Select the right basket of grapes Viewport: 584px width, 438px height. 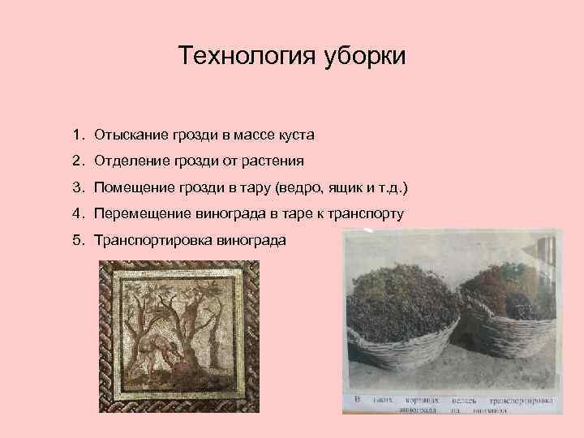(511, 316)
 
